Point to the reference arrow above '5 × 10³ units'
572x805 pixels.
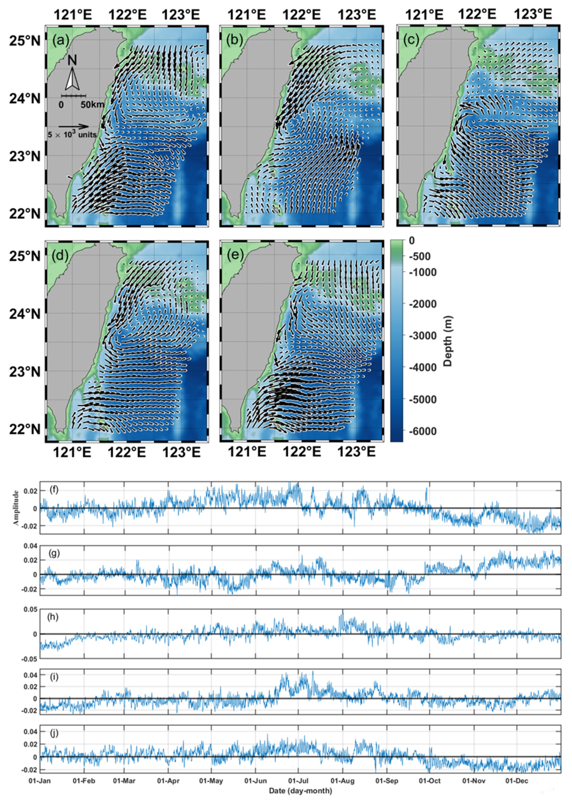pyautogui.click(x=73, y=126)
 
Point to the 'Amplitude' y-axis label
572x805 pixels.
pyautogui.click(x=16, y=508)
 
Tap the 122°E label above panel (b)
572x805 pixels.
pyautogui.click(x=302, y=15)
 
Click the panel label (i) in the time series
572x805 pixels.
pyautogui.click(x=54, y=677)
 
